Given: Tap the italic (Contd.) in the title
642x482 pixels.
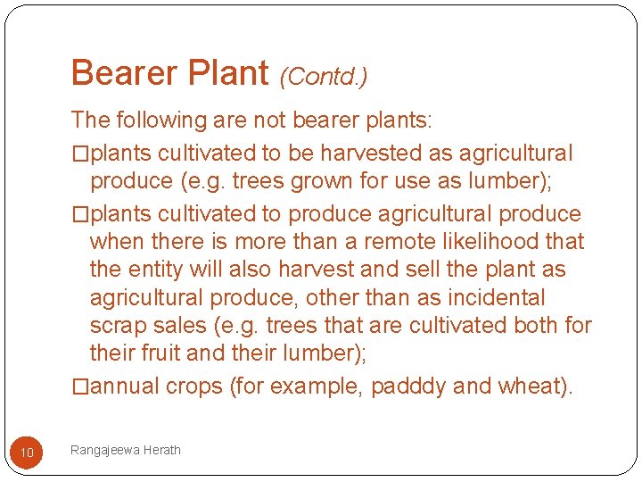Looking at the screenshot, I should tap(324, 77).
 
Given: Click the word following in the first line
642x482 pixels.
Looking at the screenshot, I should tap(165, 120).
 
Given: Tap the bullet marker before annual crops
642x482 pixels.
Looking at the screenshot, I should tap(80, 386).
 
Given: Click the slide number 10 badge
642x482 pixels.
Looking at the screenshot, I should tap(27, 453).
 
